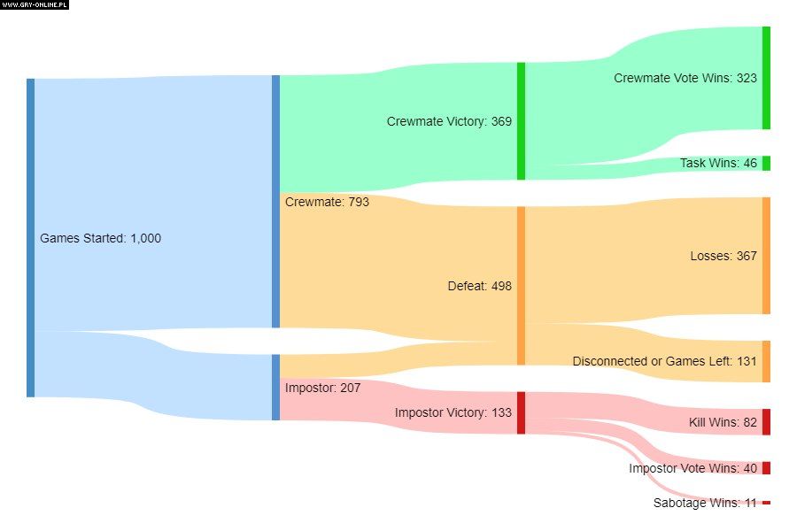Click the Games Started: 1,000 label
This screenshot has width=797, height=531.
(x=100, y=238)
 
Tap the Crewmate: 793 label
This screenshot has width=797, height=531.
(x=327, y=202)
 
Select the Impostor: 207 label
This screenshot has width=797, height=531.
(x=322, y=387)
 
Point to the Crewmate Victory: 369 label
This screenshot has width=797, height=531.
(x=449, y=121)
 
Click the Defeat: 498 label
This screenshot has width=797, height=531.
(x=479, y=286)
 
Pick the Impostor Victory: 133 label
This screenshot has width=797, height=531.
(x=453, y=412)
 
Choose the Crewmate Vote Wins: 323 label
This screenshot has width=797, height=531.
(x=685, y=78)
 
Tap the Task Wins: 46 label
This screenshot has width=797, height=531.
(x=718, y=163)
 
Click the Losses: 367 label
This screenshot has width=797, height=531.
(x=723, y=256)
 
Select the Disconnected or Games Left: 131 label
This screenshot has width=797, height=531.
(x=664, y=361)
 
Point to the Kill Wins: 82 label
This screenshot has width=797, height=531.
(x=723, y=422)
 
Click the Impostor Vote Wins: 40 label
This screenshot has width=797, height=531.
(x=693, y=468)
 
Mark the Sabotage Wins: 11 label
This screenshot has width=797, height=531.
(x=705, y=503)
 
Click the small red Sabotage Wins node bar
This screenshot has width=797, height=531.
(x=766, y=503)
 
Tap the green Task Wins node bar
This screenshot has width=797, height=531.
(x=766, y=163)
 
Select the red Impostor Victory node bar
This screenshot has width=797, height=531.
(x=522, y=412)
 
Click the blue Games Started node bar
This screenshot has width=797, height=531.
(x=30, y=238)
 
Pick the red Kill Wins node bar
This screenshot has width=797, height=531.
(x=766, y=422)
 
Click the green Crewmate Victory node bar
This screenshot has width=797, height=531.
(x=522, y=121)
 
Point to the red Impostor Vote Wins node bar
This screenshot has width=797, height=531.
(x=766, y=468)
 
